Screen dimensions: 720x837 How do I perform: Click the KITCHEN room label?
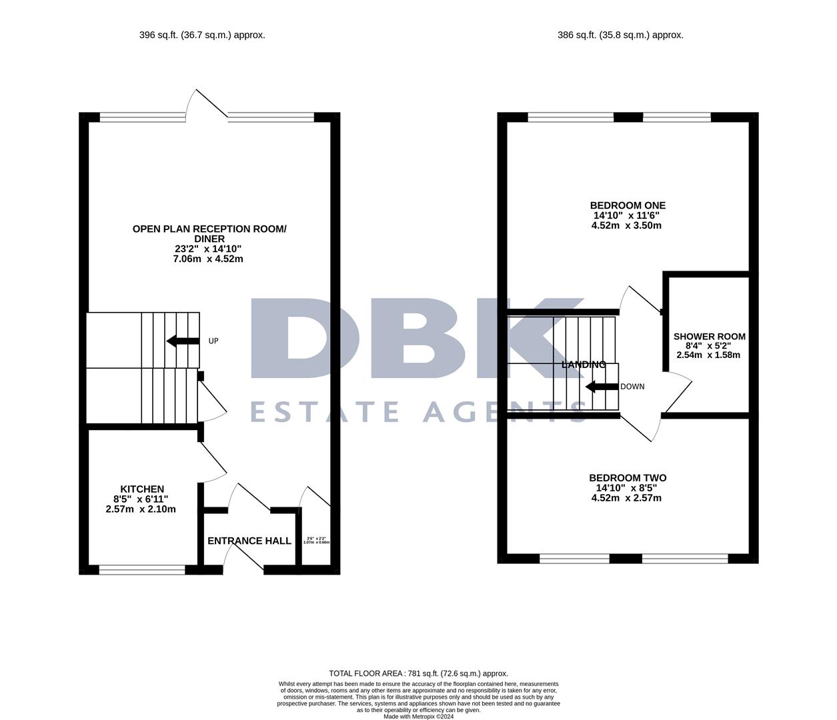coord(141,489)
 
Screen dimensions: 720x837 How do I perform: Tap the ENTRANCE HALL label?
coord(249,541)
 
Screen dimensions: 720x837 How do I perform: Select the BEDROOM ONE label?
coord(627,205)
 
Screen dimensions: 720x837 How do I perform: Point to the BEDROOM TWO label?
coord(627,478)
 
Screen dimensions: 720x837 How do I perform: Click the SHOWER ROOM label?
coord(709,337)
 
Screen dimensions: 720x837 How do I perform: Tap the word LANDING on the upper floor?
coord(584,365)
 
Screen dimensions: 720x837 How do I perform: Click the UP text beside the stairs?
coord(213,341)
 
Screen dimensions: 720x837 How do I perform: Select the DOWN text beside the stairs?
coord(632,387)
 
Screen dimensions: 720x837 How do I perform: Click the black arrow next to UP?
coord(182,341)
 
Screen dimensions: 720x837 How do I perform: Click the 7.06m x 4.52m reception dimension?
coord(207,259)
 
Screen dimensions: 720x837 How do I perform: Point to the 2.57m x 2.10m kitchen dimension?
coord(141,509)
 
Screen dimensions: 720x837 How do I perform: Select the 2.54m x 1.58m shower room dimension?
coord(708,355)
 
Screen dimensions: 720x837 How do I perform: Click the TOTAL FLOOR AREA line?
coord(418,673)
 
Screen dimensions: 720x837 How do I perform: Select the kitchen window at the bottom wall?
coord(142,569)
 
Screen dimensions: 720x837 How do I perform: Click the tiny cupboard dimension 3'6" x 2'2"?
coord(316,539)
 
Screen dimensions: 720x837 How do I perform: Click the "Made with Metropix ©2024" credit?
coord(418,717)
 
